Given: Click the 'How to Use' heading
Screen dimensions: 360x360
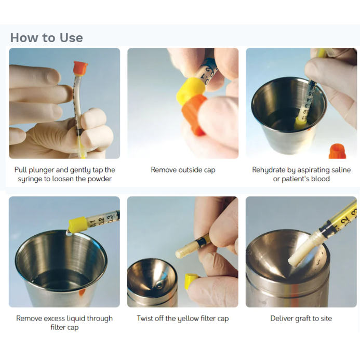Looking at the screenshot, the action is [47, 37].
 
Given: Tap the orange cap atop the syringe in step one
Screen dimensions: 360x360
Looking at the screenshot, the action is [81, 68].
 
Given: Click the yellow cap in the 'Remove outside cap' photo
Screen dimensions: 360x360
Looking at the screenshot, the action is [191, 91].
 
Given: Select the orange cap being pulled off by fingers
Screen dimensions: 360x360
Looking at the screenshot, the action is [194, 114].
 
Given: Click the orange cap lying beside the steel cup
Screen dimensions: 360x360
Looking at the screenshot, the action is [337, 151].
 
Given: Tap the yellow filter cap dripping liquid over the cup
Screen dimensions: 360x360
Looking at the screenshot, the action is [77, 224].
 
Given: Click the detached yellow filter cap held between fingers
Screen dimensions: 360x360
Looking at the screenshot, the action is [191, 281].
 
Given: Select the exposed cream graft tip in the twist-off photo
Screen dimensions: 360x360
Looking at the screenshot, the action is [185, 250].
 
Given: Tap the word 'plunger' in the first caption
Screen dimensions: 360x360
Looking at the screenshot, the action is [42, 170].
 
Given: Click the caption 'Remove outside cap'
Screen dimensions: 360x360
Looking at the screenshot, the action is [183, 170].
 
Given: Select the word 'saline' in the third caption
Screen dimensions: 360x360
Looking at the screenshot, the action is [340, 170].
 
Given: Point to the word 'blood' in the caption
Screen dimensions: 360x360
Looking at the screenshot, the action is [320, 179].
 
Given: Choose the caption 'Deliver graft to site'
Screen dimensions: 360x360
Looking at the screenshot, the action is [301, 318].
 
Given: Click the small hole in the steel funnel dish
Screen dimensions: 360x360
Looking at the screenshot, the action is [159, 285].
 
